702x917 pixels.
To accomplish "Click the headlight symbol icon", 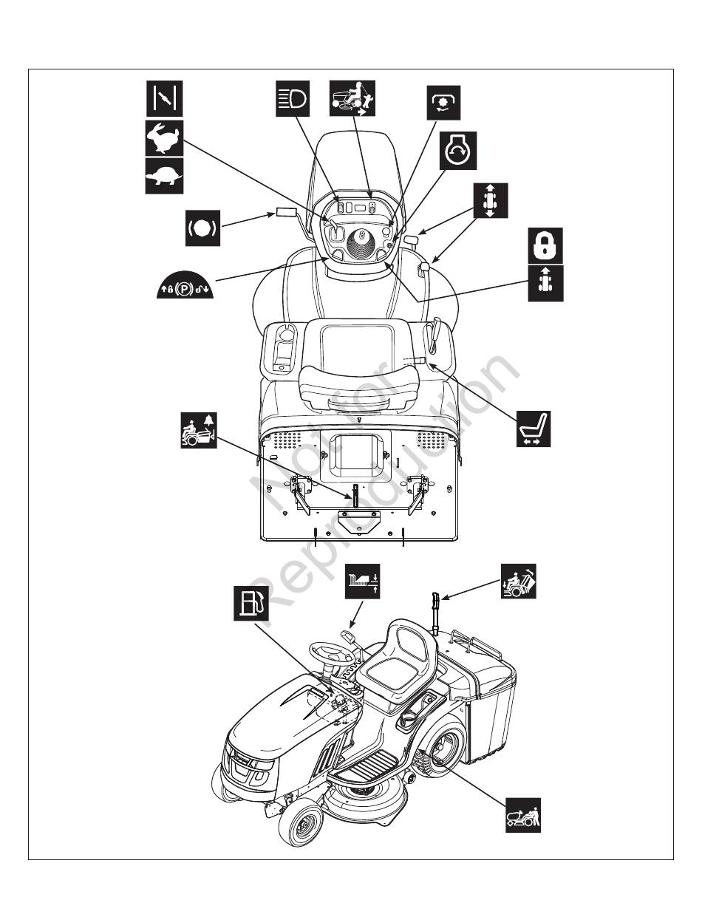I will click(x=293, y=99).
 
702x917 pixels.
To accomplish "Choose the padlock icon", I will click(x=546, y=245).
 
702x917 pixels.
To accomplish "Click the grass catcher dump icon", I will click(x=519, y=581).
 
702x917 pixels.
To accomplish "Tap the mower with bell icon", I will click(x=199, y=430).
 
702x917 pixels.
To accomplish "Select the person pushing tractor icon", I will click(x=523, y=815).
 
